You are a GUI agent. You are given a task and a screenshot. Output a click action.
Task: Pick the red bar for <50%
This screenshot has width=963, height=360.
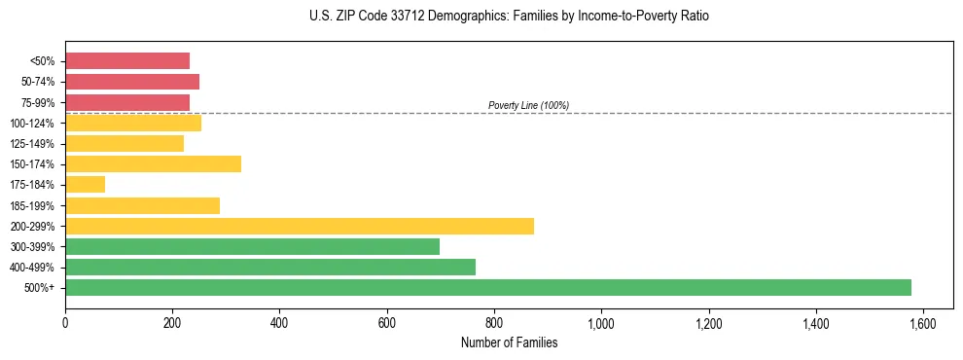127,60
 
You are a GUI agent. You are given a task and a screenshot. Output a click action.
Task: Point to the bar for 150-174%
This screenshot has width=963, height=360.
153,163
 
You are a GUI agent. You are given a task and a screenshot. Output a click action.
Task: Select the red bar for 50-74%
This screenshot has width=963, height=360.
132,82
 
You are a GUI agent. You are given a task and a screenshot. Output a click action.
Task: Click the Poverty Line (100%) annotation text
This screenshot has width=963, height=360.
528,105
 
